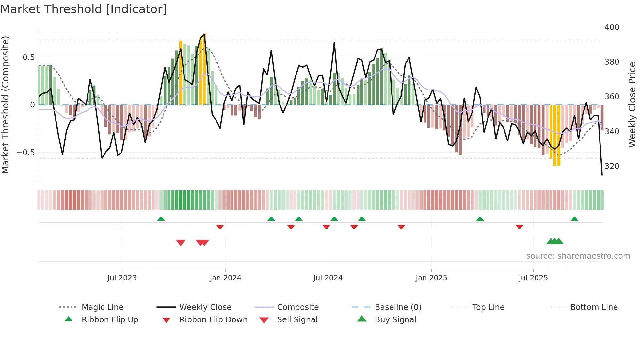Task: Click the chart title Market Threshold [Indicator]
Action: pos(84,9)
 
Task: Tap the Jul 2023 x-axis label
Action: pos(122,278)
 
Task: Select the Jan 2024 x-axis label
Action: pos(225,278)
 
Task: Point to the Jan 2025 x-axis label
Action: pos(431,278)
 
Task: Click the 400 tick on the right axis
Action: pos(612,27)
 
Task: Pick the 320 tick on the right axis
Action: pos(612,166)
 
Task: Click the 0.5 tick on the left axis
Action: pos(28,57)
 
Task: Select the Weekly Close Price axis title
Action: pos(632,105)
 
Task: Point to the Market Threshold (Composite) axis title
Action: pos(5,105)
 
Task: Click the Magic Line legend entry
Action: pos(102,307)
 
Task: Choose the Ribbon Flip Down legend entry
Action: pos(213,320)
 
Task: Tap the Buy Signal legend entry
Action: pos(395,320)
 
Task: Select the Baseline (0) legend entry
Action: pos(398,307)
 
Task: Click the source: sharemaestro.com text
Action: pos(578,256)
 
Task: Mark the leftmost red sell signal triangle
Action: pos(181,243)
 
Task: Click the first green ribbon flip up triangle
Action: pos(161,219)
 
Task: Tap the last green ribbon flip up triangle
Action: pos(574,219)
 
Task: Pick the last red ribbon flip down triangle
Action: pos(519,227)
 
